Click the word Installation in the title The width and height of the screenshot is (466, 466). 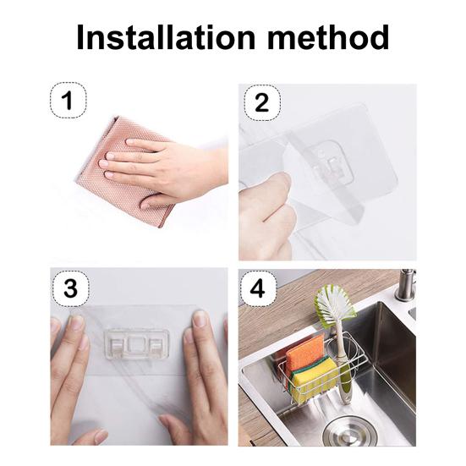coord(157,38)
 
